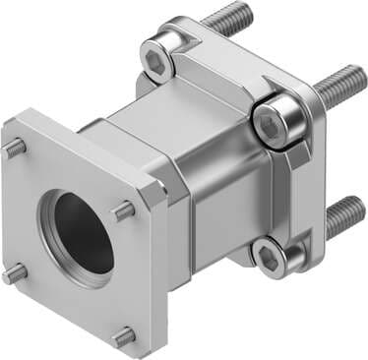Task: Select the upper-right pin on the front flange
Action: (x=124, y=210)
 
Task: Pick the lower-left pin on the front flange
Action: (x=15, y=272)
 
